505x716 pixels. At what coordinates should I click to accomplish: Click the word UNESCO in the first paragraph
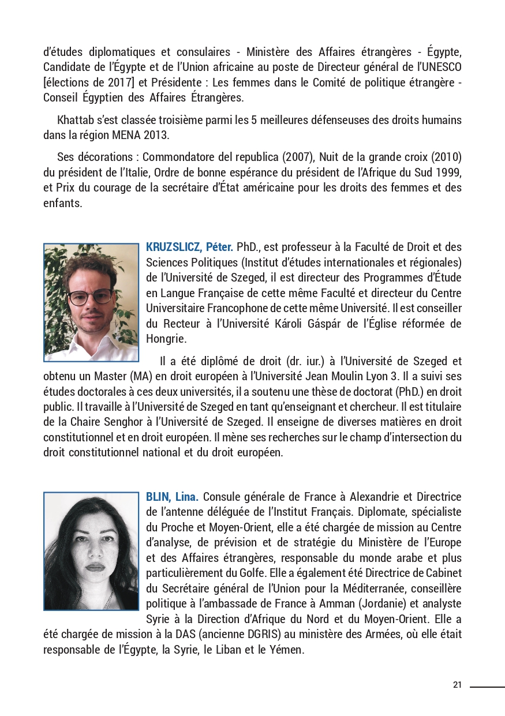(x=442, y=68)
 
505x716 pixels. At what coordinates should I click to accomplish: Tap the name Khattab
(x=77, y=120)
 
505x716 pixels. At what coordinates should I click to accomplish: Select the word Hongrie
(x=165, y=338)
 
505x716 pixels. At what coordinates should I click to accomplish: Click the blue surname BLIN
(x=156, y=497)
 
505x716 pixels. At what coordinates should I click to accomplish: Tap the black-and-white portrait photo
(x=91, y=551)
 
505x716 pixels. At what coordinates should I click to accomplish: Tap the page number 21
(x=457, y=685)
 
